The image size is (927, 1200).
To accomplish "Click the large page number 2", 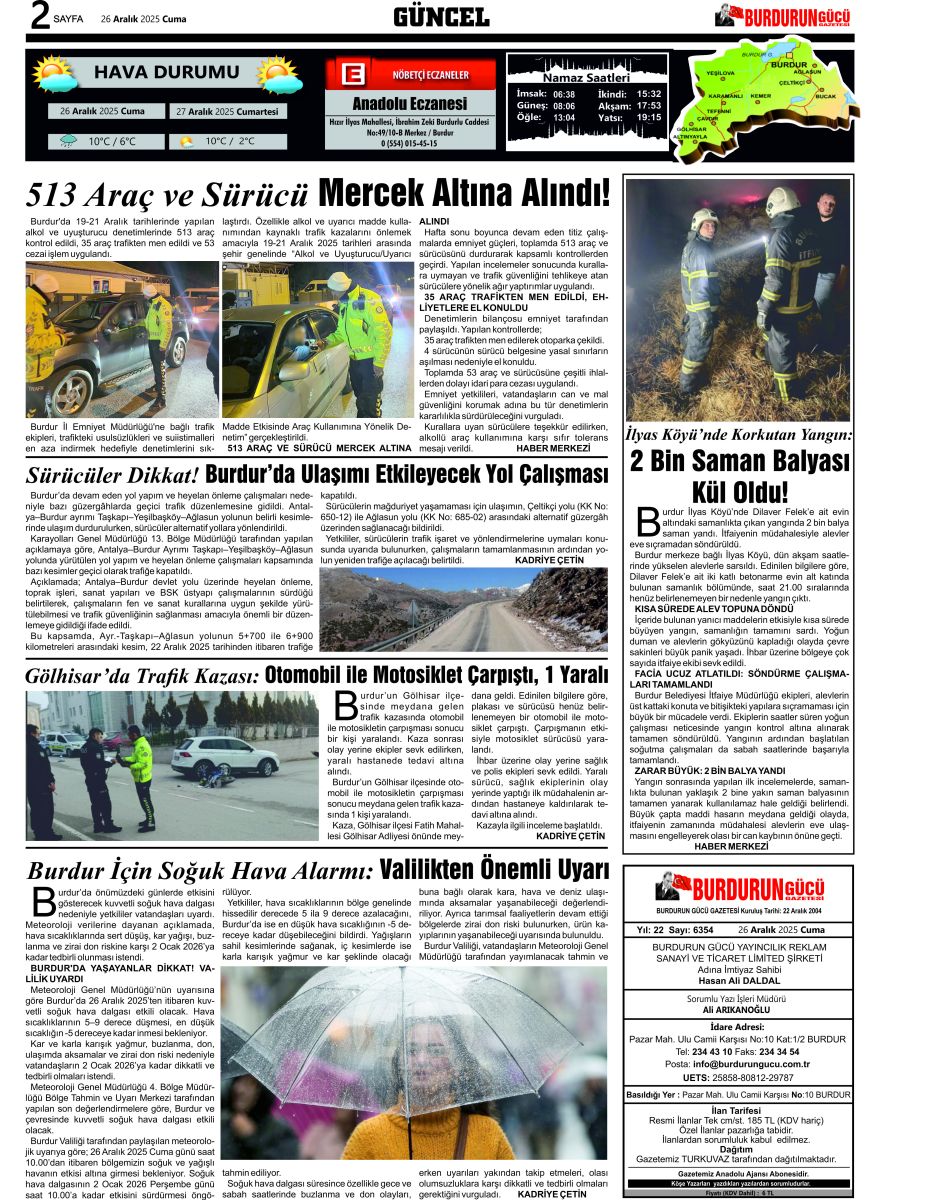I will (40, 17).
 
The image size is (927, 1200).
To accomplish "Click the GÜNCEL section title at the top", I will (441, 17).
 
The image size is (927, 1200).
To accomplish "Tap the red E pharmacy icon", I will (351, 75).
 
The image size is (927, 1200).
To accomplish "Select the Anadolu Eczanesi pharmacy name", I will (410, 104).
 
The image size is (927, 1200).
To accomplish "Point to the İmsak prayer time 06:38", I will (564, 94).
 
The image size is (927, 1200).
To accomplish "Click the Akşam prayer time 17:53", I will (649, 105).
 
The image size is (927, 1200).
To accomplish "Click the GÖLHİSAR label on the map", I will (691, 129).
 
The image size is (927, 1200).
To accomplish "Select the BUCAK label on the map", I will (826, 97).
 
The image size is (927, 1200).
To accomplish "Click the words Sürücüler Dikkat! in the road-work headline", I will (112, 473).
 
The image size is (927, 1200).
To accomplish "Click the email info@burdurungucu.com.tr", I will (751, 1064).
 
